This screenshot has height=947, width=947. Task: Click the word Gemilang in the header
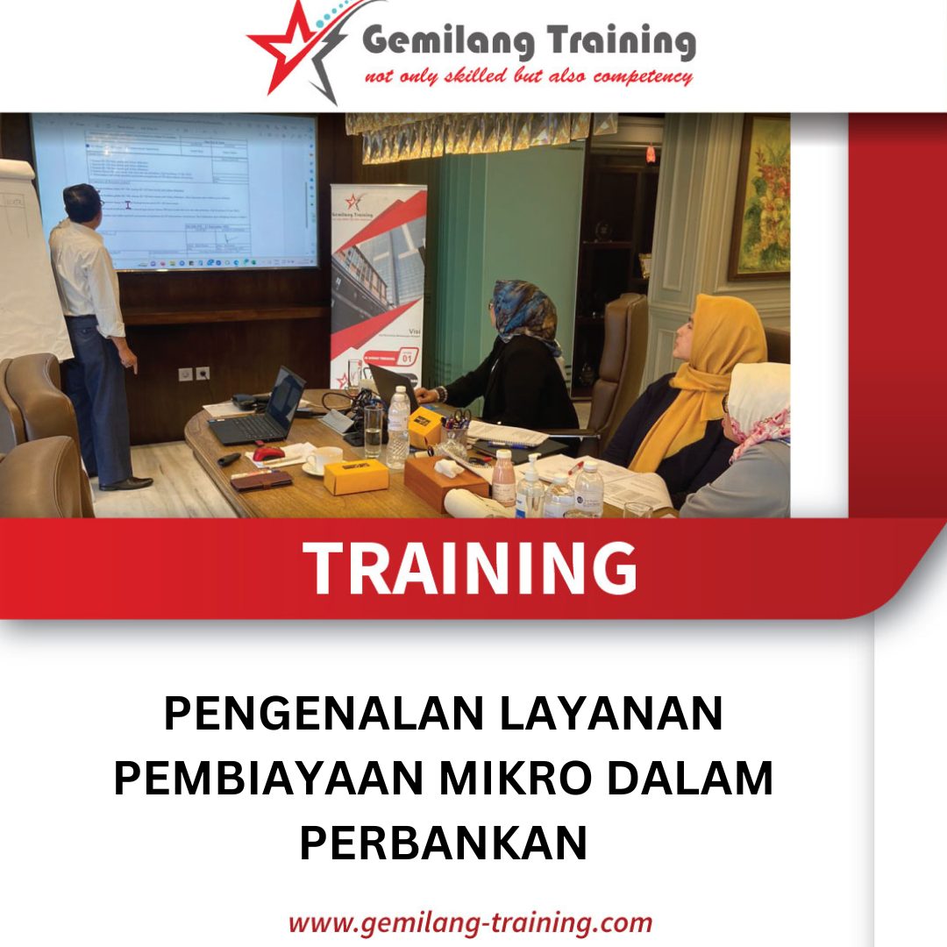click(x=442, y=41)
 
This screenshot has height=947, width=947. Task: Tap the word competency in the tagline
click(x=643, y=76)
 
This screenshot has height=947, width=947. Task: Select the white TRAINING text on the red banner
click(x=470, y=569)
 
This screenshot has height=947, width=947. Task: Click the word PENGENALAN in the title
click(x=324, y=714)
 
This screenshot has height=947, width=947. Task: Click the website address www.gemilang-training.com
click(x=470, y=922)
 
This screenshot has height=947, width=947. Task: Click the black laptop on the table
click(x=263, y=412)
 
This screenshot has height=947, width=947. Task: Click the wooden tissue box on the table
click(x=445, y=481)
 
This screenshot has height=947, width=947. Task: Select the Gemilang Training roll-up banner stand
click(x=378, y=281)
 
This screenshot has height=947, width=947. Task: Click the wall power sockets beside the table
click(x=194, y=374)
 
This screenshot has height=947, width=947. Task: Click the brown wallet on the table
click(x=261, y=480)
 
